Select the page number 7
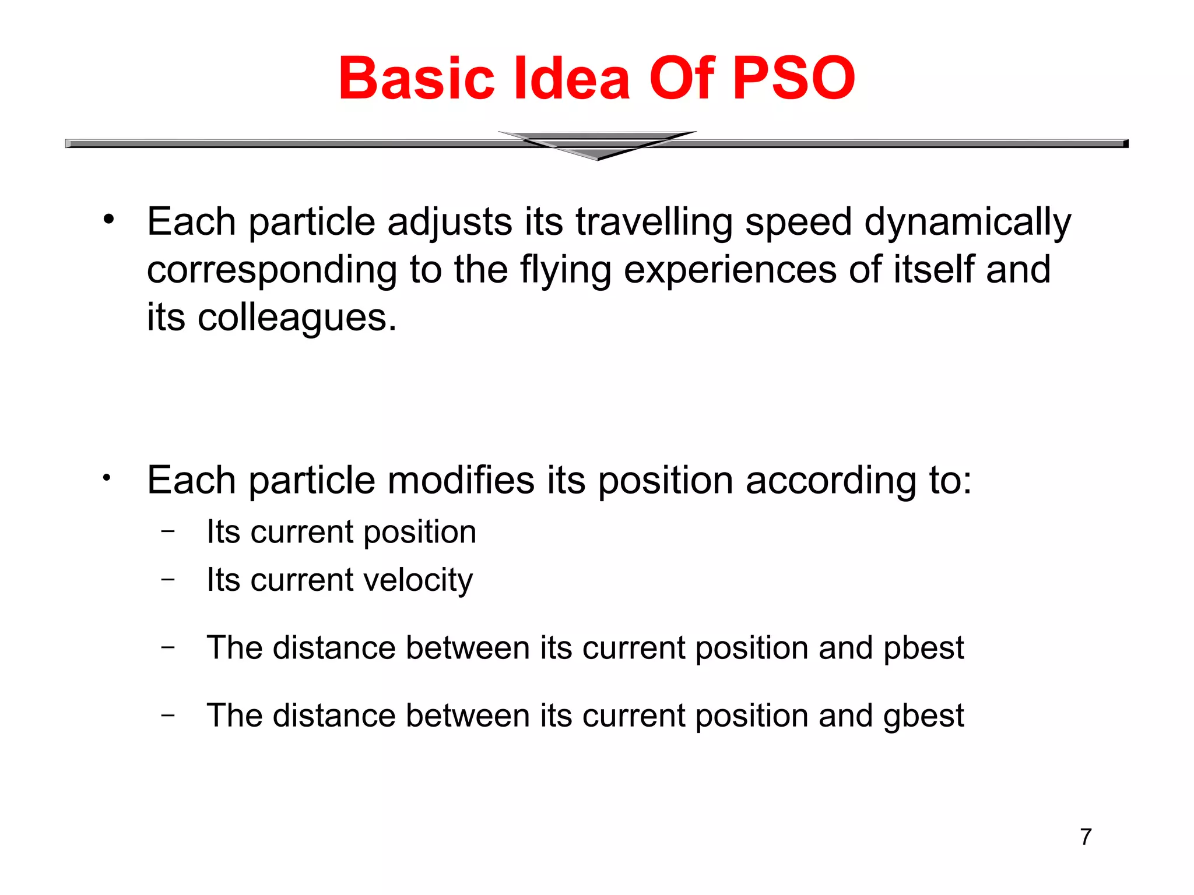coord(1086,837)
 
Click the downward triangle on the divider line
coord(597,146)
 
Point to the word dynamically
coord(967,223)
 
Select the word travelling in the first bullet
coord(654,223)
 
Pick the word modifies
coord(461,481)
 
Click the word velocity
coord(418,580)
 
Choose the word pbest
coord(923,648)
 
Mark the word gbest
coord(923,716)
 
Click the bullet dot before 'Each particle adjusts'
coord(108,220)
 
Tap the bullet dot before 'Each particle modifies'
coord(106,478)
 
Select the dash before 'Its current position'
coord(168,531)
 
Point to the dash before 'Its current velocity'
coord(168,579)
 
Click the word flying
coord(565,271)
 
